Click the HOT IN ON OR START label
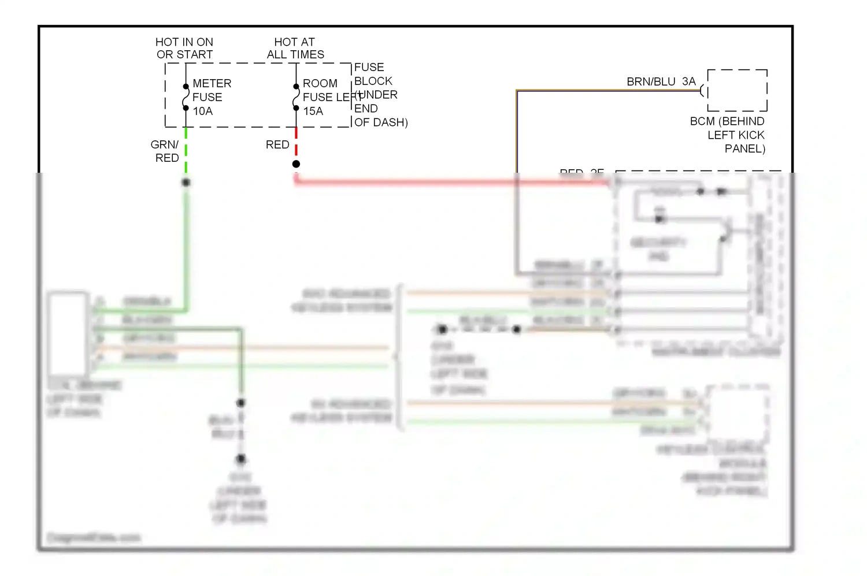[184, 49]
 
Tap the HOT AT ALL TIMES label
[295, 49]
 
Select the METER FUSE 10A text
[212, 97]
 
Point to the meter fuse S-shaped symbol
[186, 97]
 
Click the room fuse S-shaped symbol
[296, 97]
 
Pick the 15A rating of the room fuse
[313, 111]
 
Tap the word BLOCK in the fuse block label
[373, 81]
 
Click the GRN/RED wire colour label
[165, 151]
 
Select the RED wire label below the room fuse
[277, 144]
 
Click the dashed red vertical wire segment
[296, 142]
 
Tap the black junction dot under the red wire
[296, 164]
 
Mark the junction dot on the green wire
[186, 182]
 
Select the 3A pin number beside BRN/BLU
[688, 81]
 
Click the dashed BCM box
[738, 90]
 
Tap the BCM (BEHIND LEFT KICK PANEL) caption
[728, 135]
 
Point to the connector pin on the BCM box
[703, 90]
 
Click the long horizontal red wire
[451, 182]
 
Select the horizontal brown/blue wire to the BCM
[607, 91]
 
